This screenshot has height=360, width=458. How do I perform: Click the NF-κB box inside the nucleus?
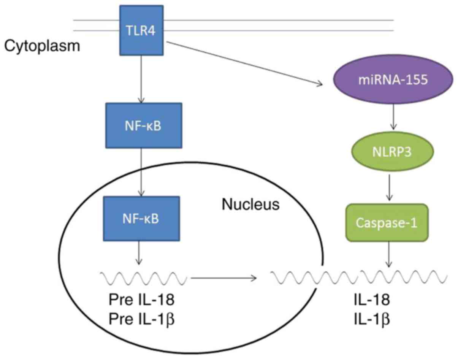[142, 219]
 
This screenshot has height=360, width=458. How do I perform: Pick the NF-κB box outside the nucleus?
[144, 125]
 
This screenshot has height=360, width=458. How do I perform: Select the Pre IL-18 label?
[141, 300]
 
